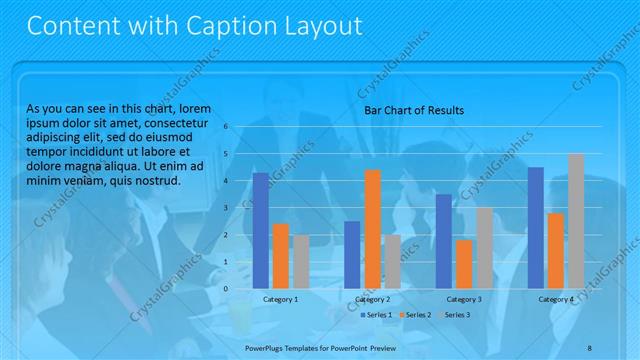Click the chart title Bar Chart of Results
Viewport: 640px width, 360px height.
point(413,110)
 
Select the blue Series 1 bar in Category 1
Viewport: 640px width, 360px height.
point(260,230)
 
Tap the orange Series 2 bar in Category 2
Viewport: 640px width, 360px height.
point(372,229)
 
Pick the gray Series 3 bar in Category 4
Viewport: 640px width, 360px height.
point(575,221)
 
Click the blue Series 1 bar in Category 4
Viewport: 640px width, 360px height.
point(535,228)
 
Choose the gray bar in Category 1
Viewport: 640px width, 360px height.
point(301,261)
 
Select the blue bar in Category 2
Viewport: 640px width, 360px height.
point(352,254)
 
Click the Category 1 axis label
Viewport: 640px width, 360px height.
point(280,299)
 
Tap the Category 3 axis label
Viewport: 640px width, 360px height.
point(464,299)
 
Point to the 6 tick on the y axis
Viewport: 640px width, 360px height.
point(228,126)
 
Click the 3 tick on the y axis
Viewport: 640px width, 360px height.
point(228,208)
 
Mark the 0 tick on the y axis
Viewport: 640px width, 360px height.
point(228,289)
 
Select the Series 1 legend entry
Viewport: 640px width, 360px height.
point(376,315)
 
